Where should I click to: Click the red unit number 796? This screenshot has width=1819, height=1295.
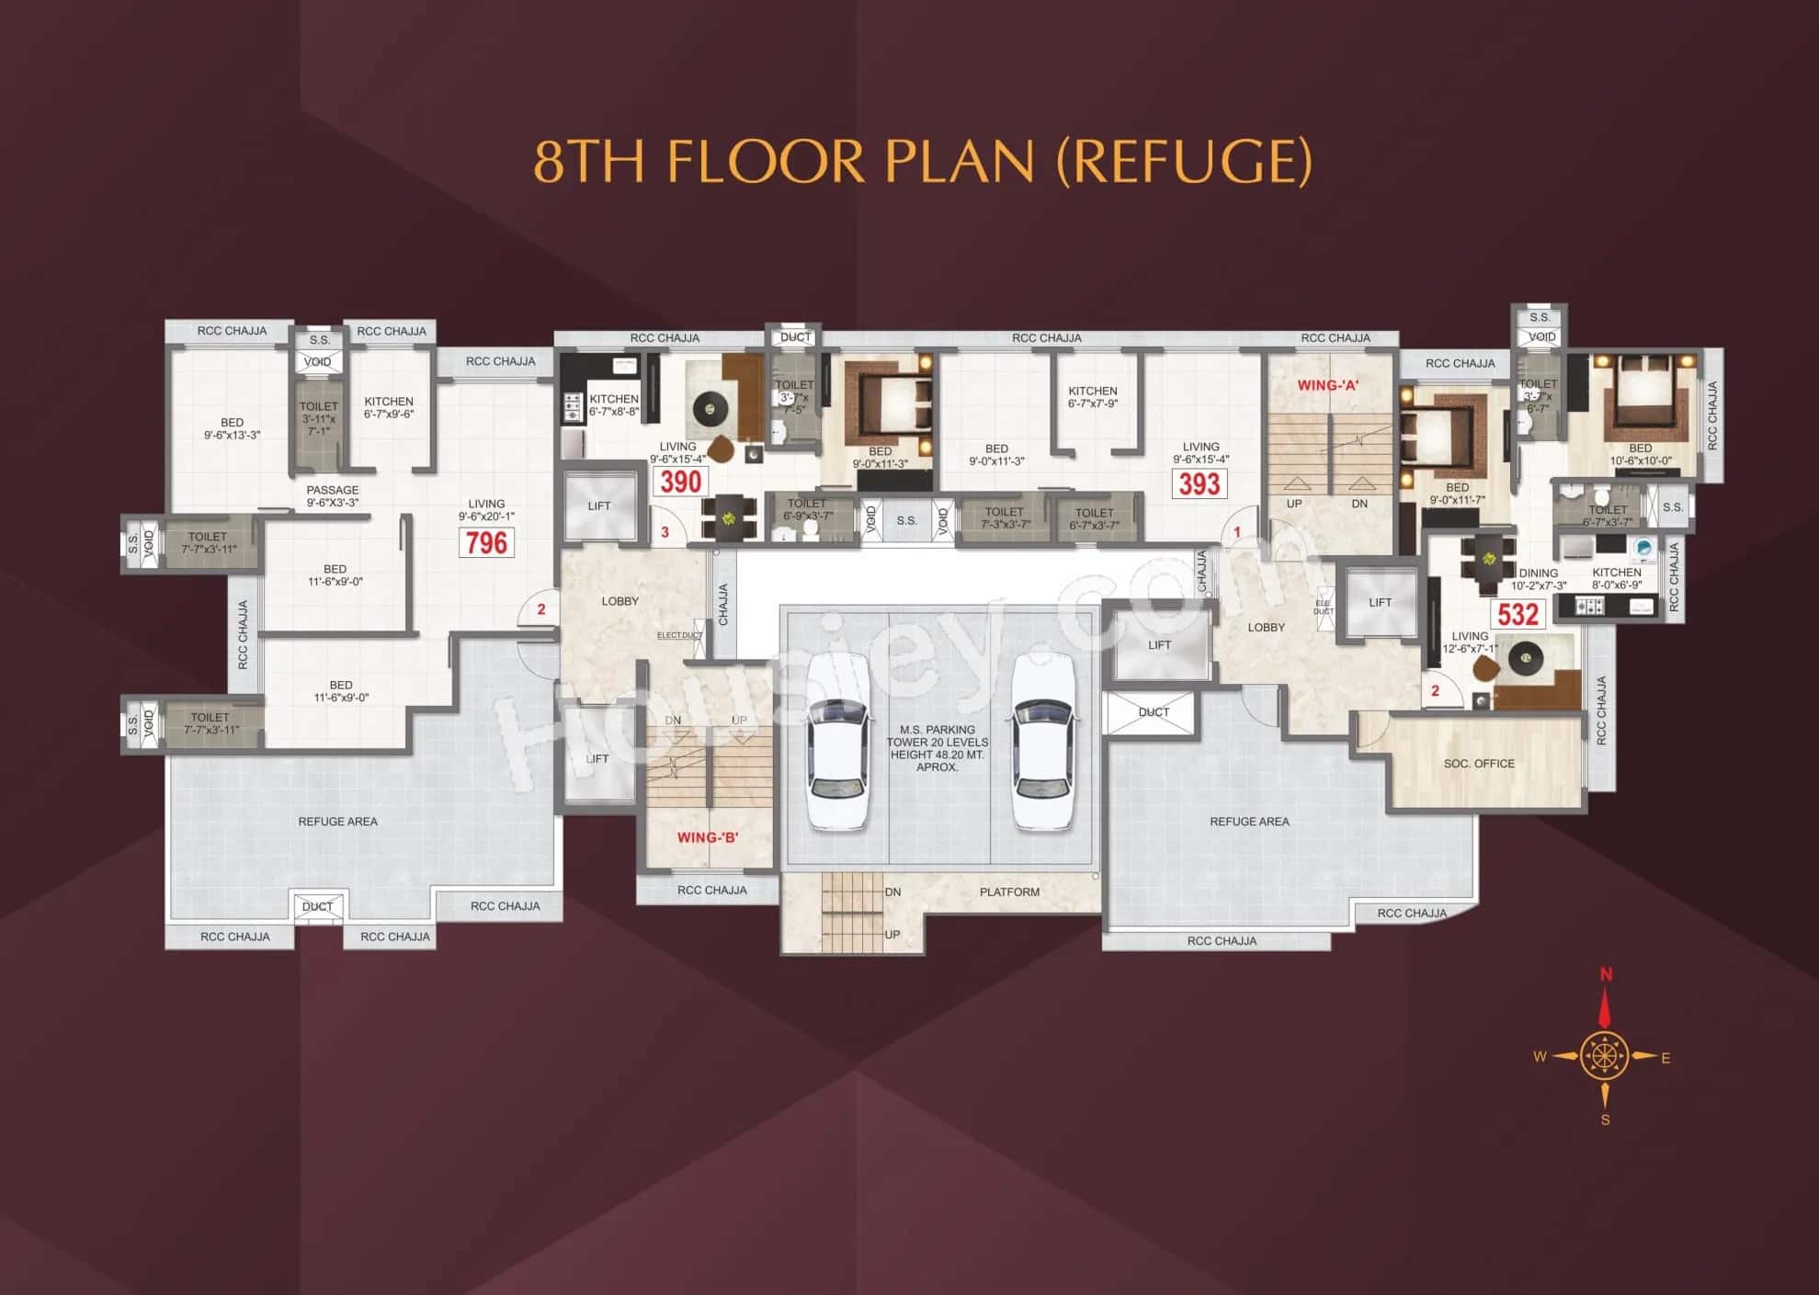tap(486, 542)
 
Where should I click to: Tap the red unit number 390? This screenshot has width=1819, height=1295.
tap(680, 482)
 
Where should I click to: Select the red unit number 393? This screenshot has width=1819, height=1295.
tap(1199, 483)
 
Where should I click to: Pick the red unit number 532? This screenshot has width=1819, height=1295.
tap(1518, 614)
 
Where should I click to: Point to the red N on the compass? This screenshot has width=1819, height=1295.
tap(1606, 974)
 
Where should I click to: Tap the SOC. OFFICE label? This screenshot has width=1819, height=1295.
tap(1479, 764)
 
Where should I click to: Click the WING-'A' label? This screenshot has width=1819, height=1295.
tap(1327, 385)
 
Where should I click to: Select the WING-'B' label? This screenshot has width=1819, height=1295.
tap(707, 837)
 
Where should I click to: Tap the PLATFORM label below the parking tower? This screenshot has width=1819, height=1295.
tap(1009, 892)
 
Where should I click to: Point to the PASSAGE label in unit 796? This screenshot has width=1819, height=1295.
tap(333, 490)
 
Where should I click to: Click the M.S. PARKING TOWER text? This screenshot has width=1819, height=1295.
tap(938, 736)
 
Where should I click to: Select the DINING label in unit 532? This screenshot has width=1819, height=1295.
tap(1538, 573)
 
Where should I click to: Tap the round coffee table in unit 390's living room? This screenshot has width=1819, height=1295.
tap(709, 408)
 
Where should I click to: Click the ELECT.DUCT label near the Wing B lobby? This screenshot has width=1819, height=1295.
tap(679, 635)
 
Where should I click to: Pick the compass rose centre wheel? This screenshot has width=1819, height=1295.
tap(1605, 1055)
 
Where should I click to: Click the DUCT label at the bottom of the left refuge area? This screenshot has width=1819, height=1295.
tap(317, 906)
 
